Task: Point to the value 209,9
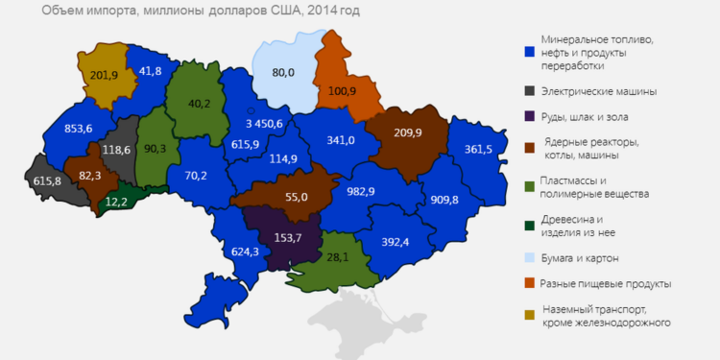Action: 407,133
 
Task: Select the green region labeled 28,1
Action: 336,256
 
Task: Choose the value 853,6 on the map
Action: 64,129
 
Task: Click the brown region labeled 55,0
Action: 297,196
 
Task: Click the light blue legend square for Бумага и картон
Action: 527,258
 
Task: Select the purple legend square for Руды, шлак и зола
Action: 527,117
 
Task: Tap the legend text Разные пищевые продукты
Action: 605,284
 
